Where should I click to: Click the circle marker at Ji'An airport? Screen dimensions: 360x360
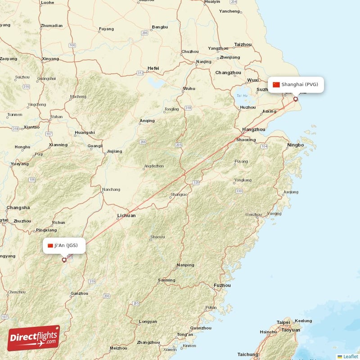(x=64, y=260)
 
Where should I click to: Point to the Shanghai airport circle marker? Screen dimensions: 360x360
(x=296, y=99)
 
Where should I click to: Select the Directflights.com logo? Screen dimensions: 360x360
(x=33, y=338)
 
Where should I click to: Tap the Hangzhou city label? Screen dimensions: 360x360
(x=253, y=130)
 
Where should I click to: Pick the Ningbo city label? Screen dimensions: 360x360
(x=295, y=145)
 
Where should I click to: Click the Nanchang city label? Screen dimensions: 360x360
(x=111, y=189)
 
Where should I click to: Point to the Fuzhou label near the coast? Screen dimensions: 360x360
(x=222, y=285)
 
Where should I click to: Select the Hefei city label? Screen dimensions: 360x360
(x=153, y=68)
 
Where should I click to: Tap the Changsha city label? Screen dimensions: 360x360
(x=18, y=207)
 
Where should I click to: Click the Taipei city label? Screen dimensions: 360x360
(x=283, y=322)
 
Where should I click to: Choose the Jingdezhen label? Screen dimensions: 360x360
(x=153, y=166)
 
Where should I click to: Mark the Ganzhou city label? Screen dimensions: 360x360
(x=79, y=293)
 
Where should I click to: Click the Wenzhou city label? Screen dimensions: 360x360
(x=252, y=215)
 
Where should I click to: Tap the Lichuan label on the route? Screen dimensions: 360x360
(x=126, y=216)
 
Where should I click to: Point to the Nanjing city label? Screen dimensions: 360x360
(x=204, y=62)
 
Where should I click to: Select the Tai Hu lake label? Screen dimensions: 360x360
(x=242, y=95)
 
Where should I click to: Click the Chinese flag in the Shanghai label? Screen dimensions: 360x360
(x=276, y=85)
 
